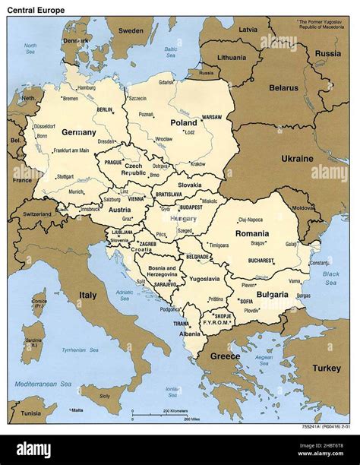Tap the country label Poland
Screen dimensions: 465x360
pyautogui.click(x=183, y=122)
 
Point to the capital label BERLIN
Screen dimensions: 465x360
pyautogui.click(x=105, y=109)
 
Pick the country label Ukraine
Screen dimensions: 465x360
pyautogui.click(x=297, y=159)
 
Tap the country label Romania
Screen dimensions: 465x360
pyautogui.click(x=251, y=233)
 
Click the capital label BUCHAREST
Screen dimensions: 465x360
pyautogui.click(x=260, y=260)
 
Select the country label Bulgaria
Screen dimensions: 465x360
pyautogui.click(x=272, y=294)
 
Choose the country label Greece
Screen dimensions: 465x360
pyautogui.click(x=224, y=356)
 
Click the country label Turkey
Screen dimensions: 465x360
pyautogui.click(x=328, y=368)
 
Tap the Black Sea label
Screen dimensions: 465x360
pyautogui.click(x=330, y=277)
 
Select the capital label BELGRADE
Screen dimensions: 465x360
pyautogui.click(x=197, y=257)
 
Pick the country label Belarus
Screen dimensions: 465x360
pyautogui.click(x=283, y=87)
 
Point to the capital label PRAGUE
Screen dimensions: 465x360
pyautogui.click(x=113, y=162)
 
